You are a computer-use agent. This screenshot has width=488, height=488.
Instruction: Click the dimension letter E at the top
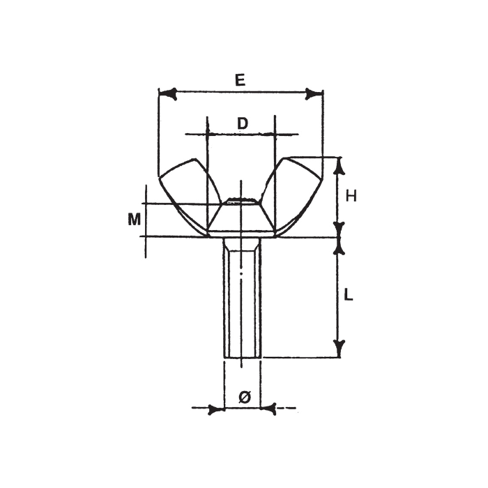239,80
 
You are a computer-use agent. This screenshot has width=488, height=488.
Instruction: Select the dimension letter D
242,123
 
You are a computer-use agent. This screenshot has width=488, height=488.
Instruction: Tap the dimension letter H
351,197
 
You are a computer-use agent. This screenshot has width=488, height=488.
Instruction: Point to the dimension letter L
350,295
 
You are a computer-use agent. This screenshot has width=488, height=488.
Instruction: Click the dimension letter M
134,220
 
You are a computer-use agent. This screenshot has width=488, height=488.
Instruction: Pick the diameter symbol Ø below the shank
244,397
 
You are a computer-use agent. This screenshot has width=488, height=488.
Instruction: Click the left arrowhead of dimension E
167,92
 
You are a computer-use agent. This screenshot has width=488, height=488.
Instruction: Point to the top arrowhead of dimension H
340,165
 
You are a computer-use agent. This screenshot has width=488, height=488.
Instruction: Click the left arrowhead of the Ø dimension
217,409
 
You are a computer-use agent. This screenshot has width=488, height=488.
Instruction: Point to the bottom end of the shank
241,356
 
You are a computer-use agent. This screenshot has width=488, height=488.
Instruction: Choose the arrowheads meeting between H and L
340,237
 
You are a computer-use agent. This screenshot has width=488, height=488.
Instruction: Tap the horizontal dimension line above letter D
241,134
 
